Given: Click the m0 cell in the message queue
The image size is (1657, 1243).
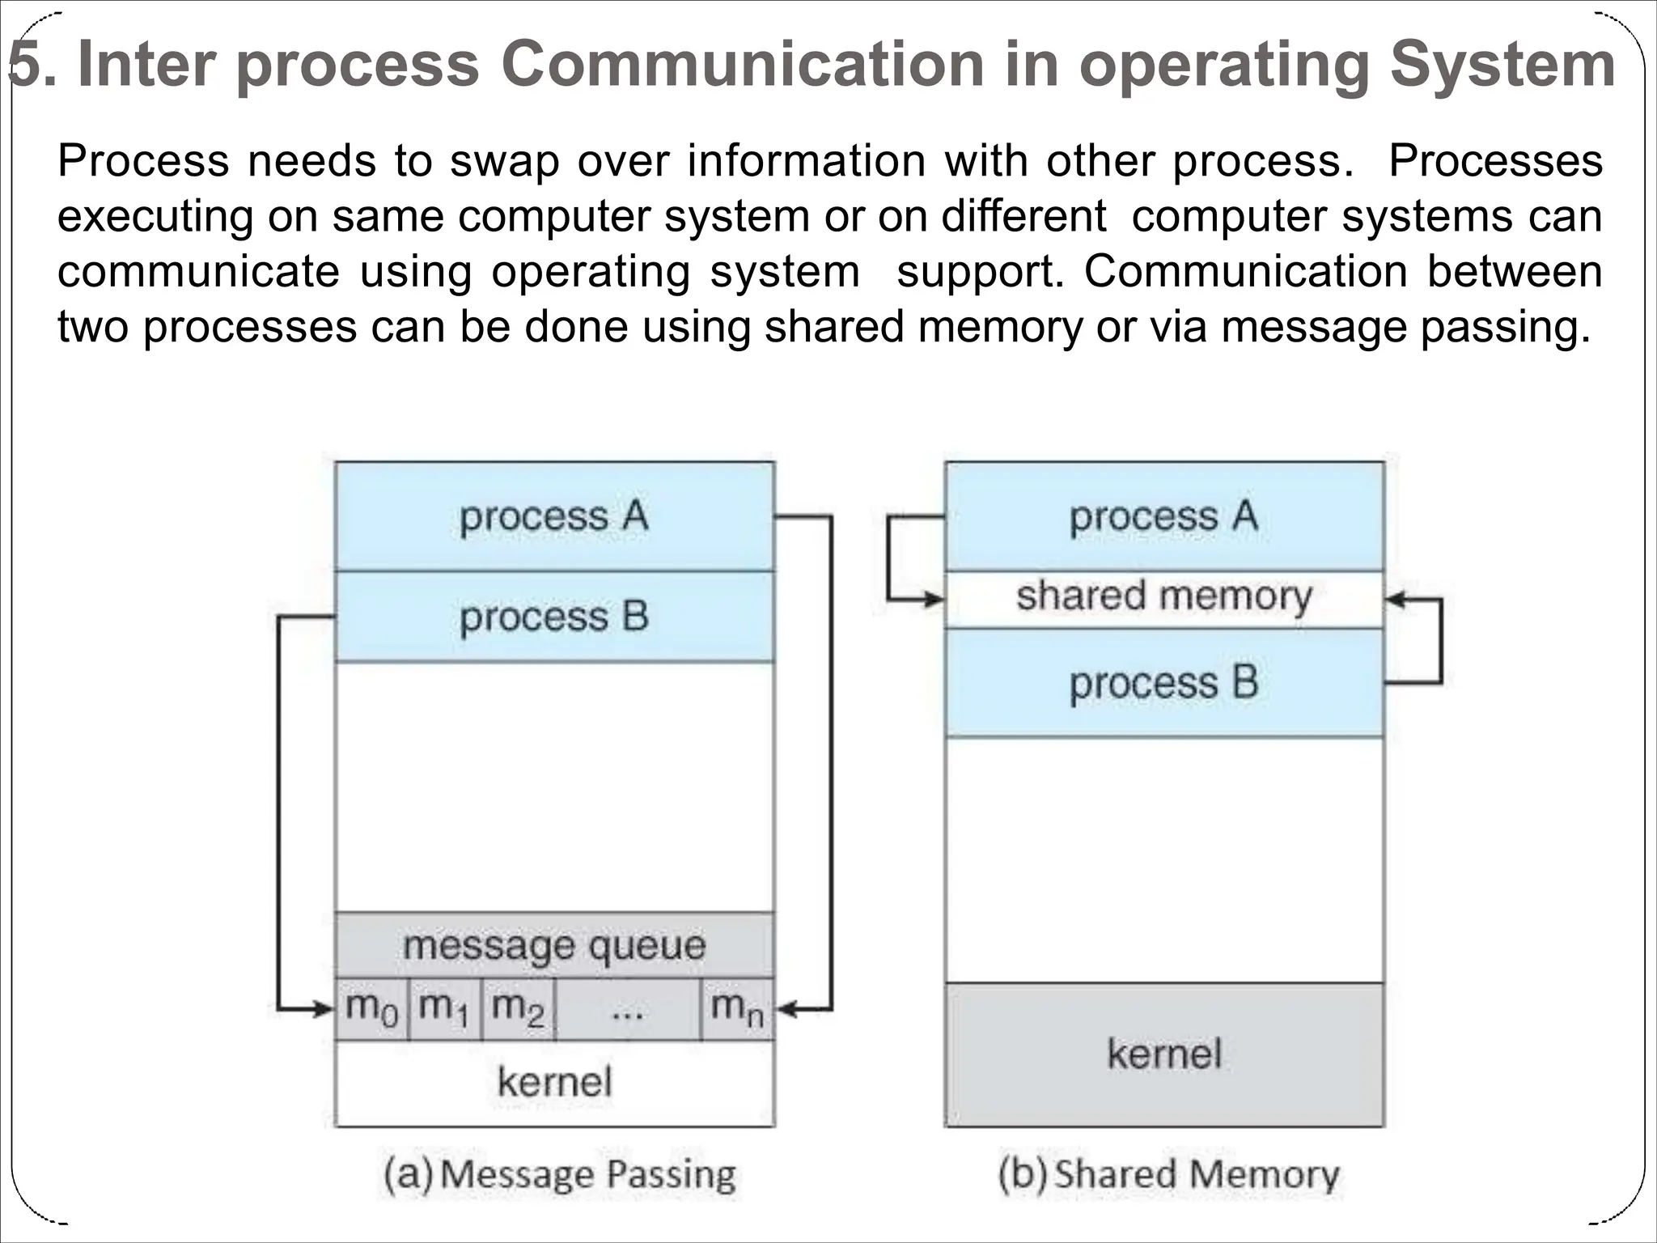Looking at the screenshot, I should coord(371,1009).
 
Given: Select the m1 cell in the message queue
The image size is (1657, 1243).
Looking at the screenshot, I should coord(445,1009).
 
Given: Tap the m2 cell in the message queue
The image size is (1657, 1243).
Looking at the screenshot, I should coord(518,1009).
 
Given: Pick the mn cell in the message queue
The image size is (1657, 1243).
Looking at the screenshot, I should coord(737,1009).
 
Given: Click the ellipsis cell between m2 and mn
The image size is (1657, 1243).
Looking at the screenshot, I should coord(628,1009).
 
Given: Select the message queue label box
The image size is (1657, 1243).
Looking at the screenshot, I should coord(554,945).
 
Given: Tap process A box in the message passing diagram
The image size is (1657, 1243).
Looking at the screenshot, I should coord(554,516).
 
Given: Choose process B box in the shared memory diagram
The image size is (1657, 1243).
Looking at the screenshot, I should coord(1164,683).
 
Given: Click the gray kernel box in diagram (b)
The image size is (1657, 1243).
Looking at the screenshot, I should coord(1164,1054).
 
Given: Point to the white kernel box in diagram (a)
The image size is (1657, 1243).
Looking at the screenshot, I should coord(554,1083).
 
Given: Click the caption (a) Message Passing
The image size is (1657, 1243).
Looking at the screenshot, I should coord(559,1175).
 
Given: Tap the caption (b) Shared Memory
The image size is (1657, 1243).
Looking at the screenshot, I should coord(1168,1175).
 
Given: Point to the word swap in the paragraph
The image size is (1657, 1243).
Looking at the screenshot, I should coord(503,161).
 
